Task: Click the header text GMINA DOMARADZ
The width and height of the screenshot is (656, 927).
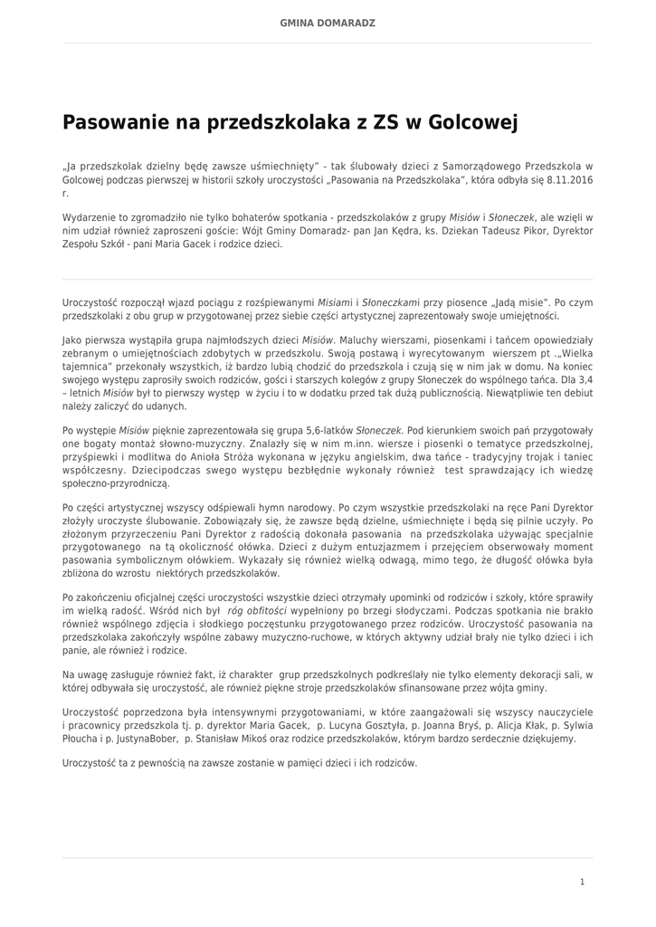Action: pos(328,22)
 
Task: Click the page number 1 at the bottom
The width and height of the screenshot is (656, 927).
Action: pos(582,881)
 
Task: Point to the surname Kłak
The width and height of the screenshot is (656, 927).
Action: pos(542,725)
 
